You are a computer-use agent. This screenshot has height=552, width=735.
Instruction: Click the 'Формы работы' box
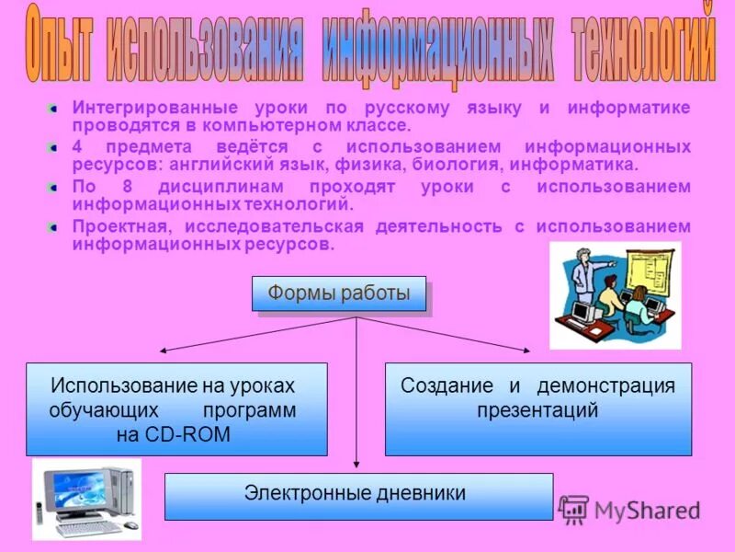(338, 293)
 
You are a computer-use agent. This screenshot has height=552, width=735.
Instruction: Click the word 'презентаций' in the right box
(537, 410)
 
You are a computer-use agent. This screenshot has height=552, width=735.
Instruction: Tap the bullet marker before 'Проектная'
(54, 226)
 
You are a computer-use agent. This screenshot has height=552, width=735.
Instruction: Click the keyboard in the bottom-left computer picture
(88, 527)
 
